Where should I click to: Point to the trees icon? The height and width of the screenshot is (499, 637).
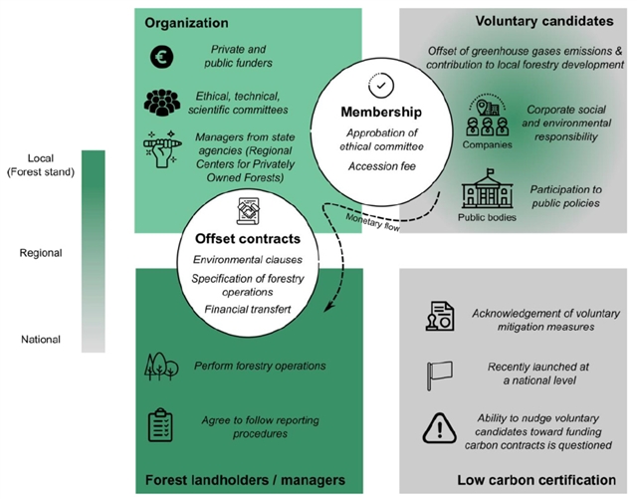coord(161,367)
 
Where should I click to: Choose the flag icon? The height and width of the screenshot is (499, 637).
coord(438,371)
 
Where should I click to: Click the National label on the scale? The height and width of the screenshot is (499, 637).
coord(40,340)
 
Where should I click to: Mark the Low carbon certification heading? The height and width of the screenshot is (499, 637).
coord(535,480)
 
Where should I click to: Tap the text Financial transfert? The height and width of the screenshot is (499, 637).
coord(248,310)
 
